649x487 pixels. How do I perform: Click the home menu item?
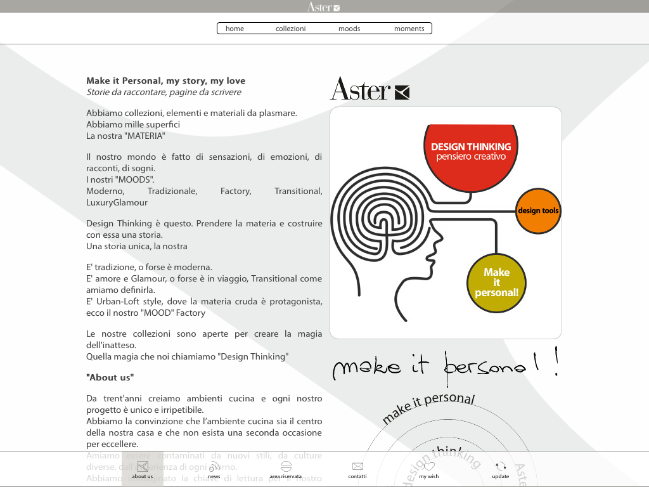pyautogui.click(x=235, y=29)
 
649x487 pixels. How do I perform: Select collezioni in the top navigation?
pyautogui.click(x=291, y=29)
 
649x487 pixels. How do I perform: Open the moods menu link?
pyautogui.click(x=349, y=29)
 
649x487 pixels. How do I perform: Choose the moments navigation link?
pyautogui.click(x=409, y=29)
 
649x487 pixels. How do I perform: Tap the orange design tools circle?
pyautogui.click(x=538, y=211)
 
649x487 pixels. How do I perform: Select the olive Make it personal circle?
pyautogui.click(x=497, y=282)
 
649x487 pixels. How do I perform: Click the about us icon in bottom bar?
pyautogui.click(x=143, y=467)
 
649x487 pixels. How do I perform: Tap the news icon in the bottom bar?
pyautogui.click(x=214, y=467)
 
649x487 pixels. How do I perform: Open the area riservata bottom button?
pyautogui.click(x=286, y=467)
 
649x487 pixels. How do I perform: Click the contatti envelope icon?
pyautogui.click(x=357, y=467)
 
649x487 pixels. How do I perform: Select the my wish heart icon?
pyautogui.click(x=429, y=467)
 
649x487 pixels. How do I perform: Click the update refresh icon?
pyautogui.click(x=501, y=467)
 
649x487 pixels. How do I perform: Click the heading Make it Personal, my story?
pyautogui.click(x=165, y=81)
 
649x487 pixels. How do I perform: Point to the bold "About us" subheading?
pyautogui.click(x=110, y=377)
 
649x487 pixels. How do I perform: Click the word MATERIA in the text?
pyautogui.click(x=145, y=136)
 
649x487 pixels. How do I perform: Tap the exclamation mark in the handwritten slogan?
pyautogui.click(x=556, y=362)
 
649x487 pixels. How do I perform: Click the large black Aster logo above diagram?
pyautogui.click(x=369, y=89)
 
